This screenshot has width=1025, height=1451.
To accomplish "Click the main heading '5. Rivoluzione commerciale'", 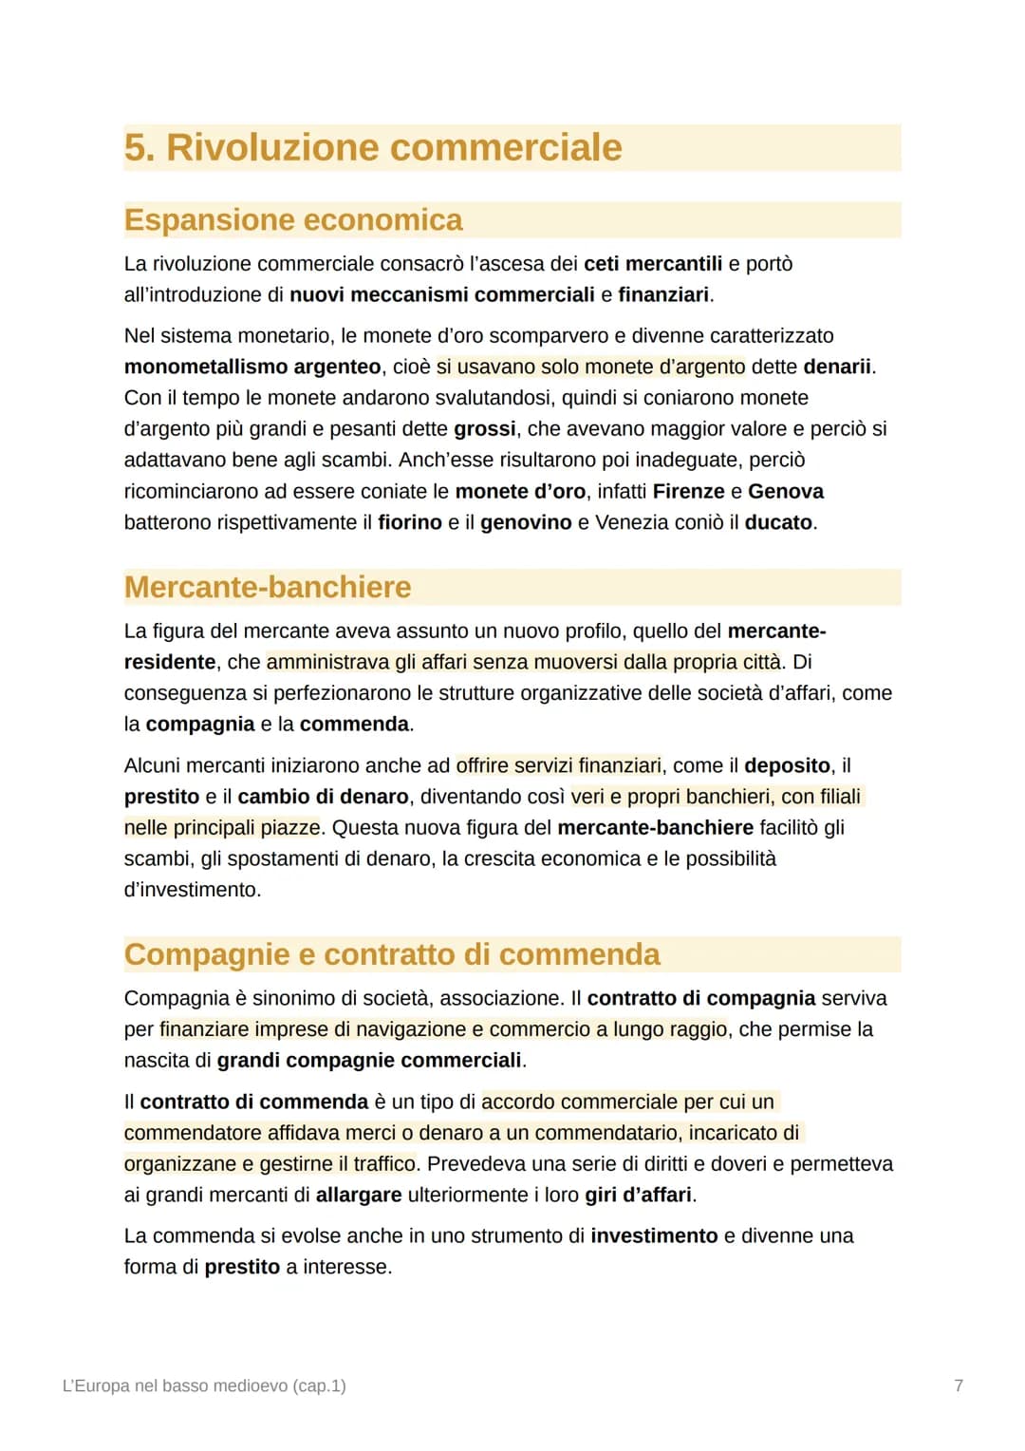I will click(373, 148).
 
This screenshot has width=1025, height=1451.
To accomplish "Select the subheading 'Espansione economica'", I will click(293, 220).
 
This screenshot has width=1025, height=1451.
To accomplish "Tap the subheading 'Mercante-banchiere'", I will click(268, 587).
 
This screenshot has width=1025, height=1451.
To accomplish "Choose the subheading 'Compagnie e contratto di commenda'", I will click(392, 954).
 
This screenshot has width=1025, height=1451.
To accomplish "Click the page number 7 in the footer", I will click(959, 1385).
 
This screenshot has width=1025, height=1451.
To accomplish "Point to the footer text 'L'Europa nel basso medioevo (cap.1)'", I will click(204, 1385).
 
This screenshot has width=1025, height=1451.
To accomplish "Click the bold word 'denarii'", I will click(837, 367).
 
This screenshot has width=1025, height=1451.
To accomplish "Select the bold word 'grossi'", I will click(485, 429).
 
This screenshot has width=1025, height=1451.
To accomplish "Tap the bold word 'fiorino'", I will click(410, 522).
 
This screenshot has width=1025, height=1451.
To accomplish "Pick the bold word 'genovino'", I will click(526, 522).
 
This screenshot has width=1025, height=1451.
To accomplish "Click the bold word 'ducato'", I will click(778, 522).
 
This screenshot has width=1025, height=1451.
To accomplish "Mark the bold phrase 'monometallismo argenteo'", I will click(252, 367).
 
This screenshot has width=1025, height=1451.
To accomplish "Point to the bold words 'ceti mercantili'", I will click(653, 264).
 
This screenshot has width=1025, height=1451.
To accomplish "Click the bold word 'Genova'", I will click(786, 491).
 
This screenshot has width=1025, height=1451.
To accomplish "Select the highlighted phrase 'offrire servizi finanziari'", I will click(559, 765).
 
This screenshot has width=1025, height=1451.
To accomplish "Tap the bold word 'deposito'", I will click(788, 765).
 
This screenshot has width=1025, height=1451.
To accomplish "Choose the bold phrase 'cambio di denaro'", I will click(323, 797).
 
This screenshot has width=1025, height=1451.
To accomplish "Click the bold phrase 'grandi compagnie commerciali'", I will click(369, 1060).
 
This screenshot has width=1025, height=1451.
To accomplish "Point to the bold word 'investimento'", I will click(654, 1235).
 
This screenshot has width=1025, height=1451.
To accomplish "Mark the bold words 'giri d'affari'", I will click(638, 1195).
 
